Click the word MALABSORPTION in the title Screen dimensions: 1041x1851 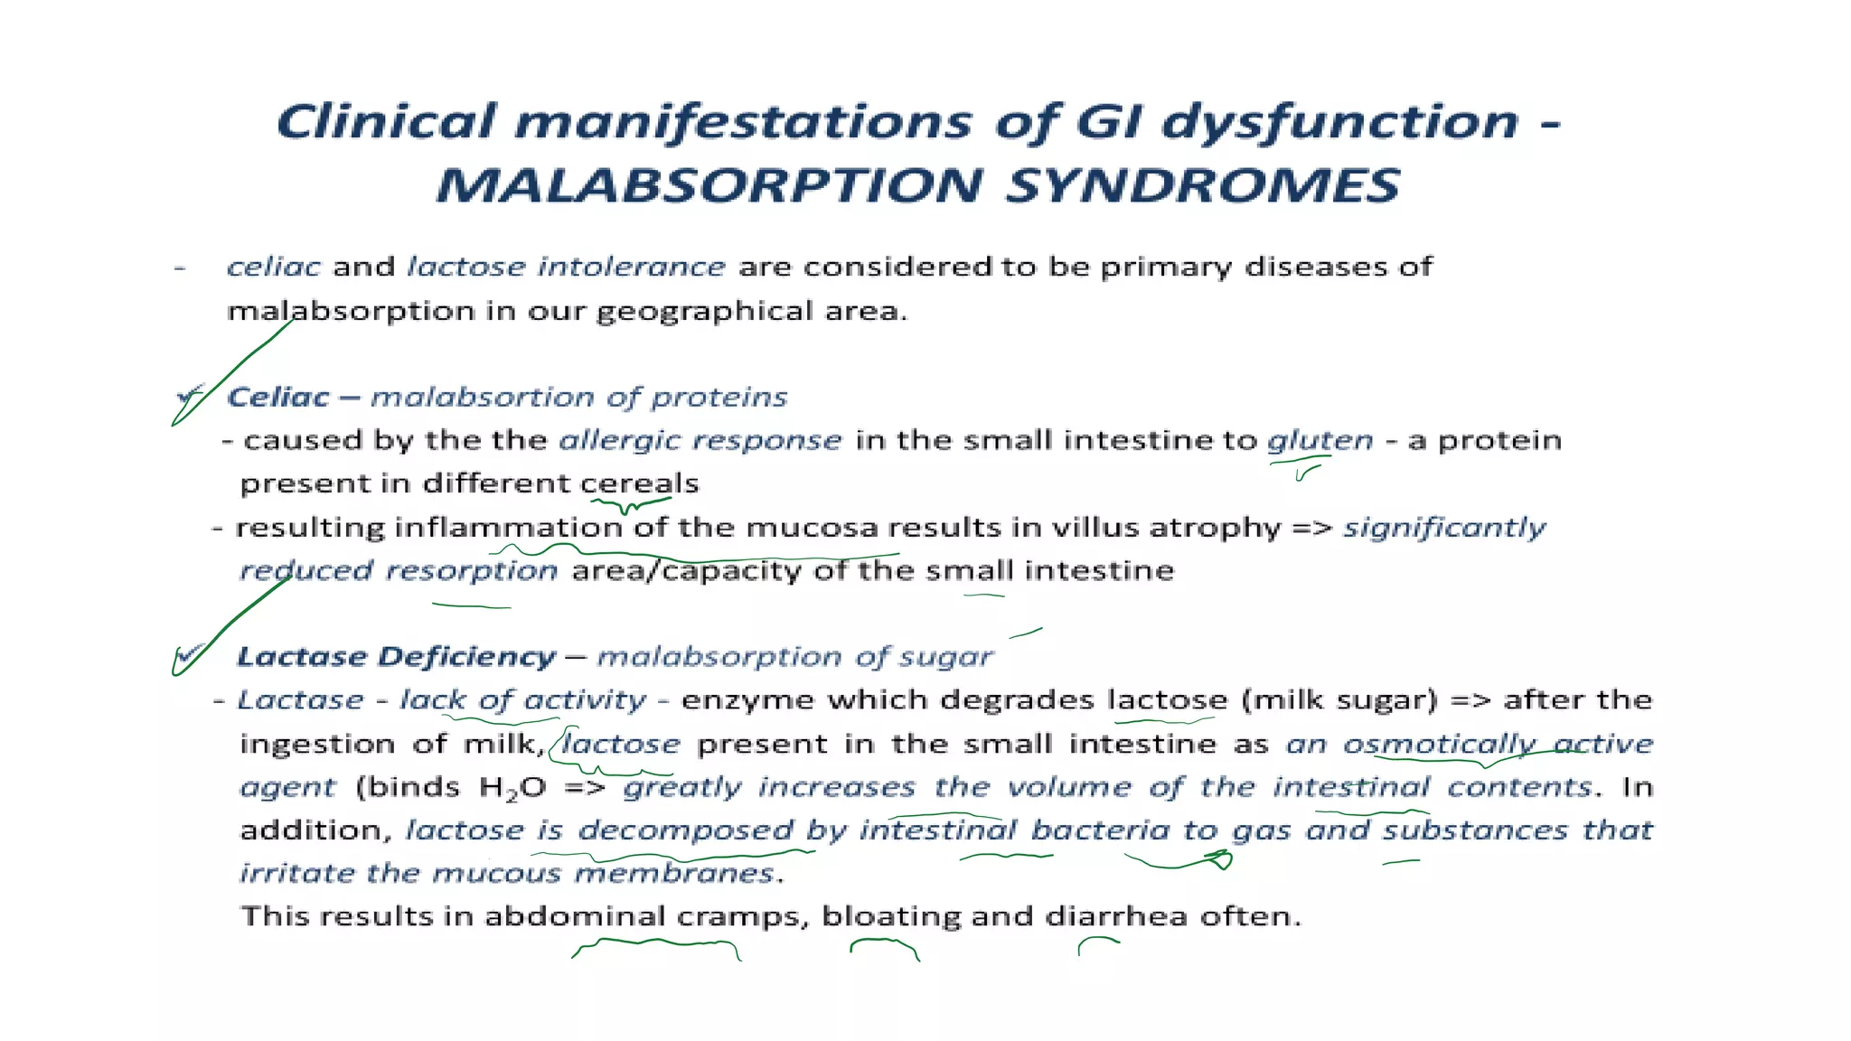[x=708, y=185]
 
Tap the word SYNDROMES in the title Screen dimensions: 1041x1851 [x=1203, y=185]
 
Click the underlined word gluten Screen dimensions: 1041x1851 [x=1320, y=441]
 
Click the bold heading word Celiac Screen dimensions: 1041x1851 [x=278, y=397]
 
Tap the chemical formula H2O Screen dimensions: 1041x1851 [x=512, y=788]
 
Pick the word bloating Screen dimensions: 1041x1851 [x=891, y=916]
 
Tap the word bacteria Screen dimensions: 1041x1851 [x=1100, y=830]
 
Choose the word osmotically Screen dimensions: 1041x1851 [x=1439, y=744]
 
